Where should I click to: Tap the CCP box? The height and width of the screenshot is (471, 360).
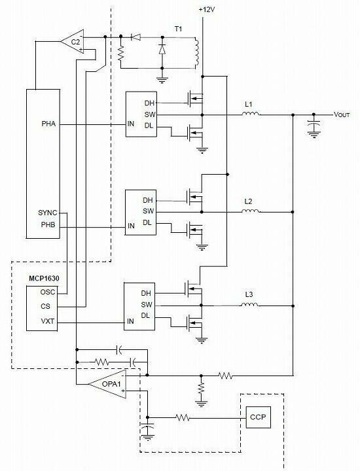[x=258, y=417]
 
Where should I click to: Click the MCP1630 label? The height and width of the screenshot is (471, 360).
[x=44, y=278]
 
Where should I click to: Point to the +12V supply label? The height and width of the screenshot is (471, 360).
[x=207, y=10]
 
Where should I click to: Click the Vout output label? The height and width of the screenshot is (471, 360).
[x=342, y=114]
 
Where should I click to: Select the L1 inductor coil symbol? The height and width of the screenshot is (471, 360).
[x=251, y=114]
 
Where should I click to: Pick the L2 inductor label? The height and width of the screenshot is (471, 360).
[x=248, y=201]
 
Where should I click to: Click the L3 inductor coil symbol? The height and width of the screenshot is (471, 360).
[x=249, y=305]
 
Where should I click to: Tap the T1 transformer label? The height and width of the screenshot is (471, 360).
[x=178, y=29]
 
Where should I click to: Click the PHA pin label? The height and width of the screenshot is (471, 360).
[x=48, y=124]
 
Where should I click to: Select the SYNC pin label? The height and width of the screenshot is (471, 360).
[x=48, y=213]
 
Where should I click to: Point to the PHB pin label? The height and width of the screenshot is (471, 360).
[x=48, y=224]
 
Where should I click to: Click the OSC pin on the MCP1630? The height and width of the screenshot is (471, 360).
[x=48, y=292]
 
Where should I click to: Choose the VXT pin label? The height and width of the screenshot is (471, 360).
[x=48, y=321]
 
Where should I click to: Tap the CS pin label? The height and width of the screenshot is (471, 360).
[x=45, y=306]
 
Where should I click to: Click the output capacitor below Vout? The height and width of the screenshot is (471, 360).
[x=314, y=124]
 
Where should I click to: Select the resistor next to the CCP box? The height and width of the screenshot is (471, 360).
[x=183, y=417]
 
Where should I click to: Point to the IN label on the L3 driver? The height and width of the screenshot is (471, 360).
[x=130, y=321]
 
